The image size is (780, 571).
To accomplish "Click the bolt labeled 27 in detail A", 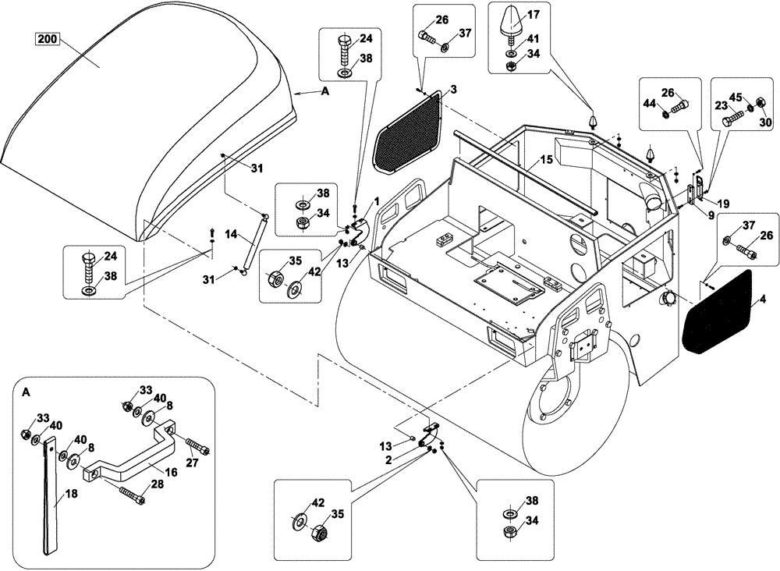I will click(x=197, y=452).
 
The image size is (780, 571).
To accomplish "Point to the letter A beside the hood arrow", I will click(x=324, y=91).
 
